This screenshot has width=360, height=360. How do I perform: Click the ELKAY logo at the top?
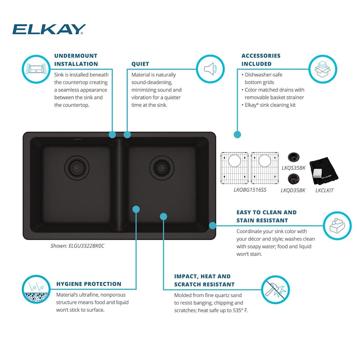[x=49, y=29]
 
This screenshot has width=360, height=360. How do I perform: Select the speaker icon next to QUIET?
[x=210, y=69]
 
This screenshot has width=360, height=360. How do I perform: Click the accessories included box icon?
[x=323, y=69]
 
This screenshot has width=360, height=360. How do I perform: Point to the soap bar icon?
[x=337, y=226]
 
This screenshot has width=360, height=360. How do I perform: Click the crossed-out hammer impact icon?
[x=276, y=289]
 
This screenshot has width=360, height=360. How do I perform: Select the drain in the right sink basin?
[x=162, y=168]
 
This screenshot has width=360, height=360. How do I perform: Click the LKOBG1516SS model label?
[x=250, y=190]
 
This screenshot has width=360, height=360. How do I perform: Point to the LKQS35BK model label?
[x=294, y=168]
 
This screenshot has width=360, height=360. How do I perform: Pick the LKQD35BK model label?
[x=293, y=190]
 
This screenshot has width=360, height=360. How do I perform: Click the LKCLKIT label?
[x=324, y=190]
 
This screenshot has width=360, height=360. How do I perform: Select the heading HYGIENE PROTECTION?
[x=89, y=284]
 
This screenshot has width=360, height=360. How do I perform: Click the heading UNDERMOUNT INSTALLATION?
[x=76, y=60]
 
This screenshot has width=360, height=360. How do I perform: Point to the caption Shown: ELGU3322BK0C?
[x=77, y=246]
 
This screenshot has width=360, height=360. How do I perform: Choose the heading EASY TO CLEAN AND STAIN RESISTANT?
[x=266, y=216]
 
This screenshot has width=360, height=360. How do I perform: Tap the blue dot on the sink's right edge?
[x=212, y=225]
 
